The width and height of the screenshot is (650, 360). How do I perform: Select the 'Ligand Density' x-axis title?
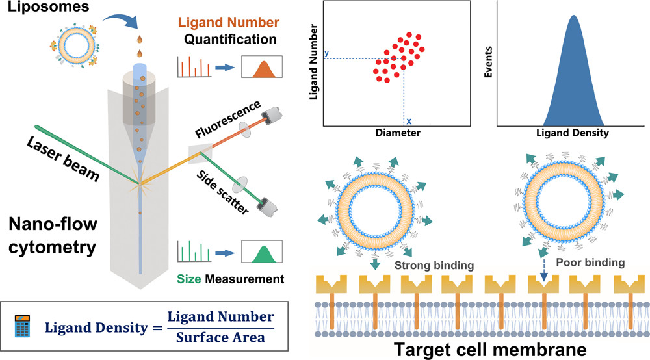[x=572, y=133]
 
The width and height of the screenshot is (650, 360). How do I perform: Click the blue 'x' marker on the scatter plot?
[x=408, y=121]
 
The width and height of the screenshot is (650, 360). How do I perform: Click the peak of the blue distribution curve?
[x=573, y=17]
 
